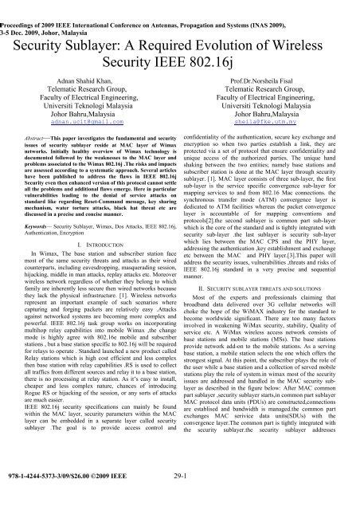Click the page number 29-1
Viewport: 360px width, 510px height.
click(180, 498)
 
